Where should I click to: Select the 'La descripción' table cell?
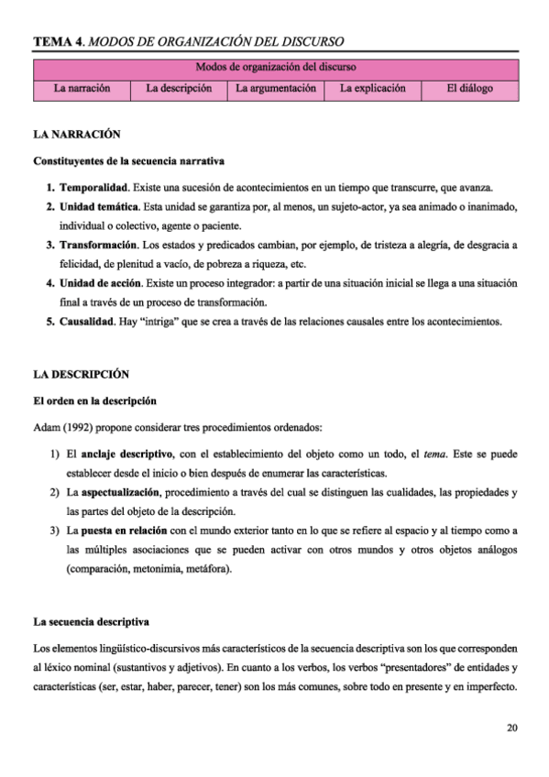[179, 90]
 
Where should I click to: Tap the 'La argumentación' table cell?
[276, 90]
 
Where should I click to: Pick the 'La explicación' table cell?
[372, 90]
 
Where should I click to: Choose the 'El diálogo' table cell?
[470, 90]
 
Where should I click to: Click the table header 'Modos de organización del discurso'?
[276, 68]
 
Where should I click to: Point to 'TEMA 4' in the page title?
[57, 42]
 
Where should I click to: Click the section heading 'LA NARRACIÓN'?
[77, 134]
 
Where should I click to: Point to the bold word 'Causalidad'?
[90, 322]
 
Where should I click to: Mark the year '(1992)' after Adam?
[80, 428]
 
